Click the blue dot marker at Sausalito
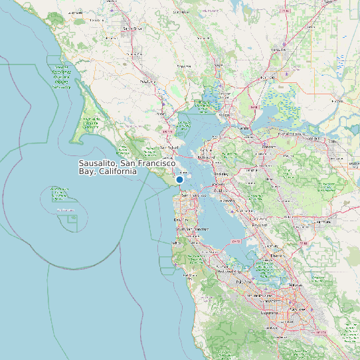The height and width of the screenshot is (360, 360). (x=179, y=179)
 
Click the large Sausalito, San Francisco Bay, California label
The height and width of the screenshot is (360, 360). (x=126, y=167)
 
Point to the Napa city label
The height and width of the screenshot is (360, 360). (x=218, y=65)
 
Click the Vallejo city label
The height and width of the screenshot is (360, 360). (x=224, y=115)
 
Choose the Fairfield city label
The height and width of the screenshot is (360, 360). (x=268, y=78)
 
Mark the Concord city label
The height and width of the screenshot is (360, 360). (x=269, y=147)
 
